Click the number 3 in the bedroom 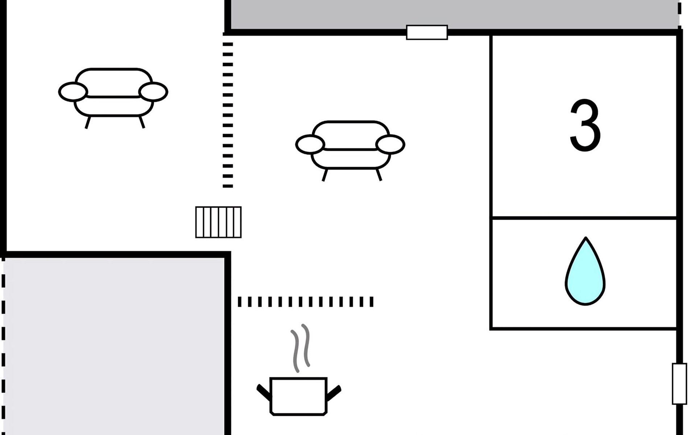click(585, 125)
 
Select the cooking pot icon click(298, 396)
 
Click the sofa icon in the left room click(113, 94)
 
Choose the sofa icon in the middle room click(350, 147)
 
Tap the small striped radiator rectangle click(218, 222)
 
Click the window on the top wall click(427, 32)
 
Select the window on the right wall click(679, 384)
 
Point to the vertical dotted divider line click(228, 115)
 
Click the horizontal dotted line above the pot click(305, 302)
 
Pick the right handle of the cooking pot click(334, 393)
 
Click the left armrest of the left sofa click(73, 92)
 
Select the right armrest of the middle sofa click(390, 144)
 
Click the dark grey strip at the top click(453, 14)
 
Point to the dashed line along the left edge click(3, 344)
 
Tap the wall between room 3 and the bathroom click(584, 218)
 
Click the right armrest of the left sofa click(153, 92)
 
